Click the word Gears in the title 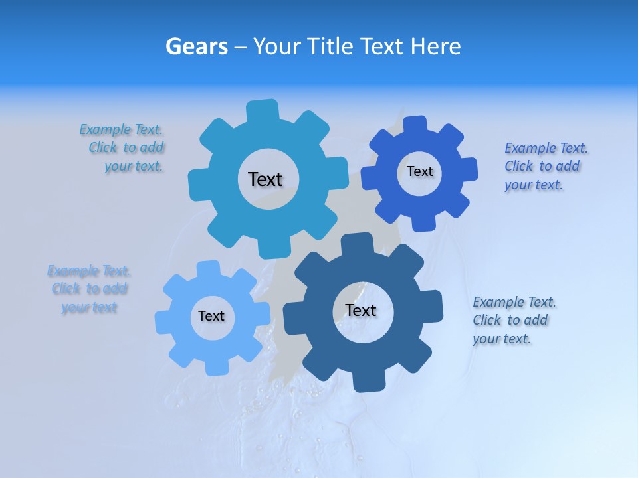click(196, 46)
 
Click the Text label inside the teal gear click(265, 179)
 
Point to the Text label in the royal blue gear click(420, 171)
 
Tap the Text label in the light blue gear click(211, 316)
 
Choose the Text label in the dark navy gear click(361, 310)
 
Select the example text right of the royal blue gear click(545, 166)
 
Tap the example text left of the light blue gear click(89, 289)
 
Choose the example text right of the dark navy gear click(513, 320)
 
